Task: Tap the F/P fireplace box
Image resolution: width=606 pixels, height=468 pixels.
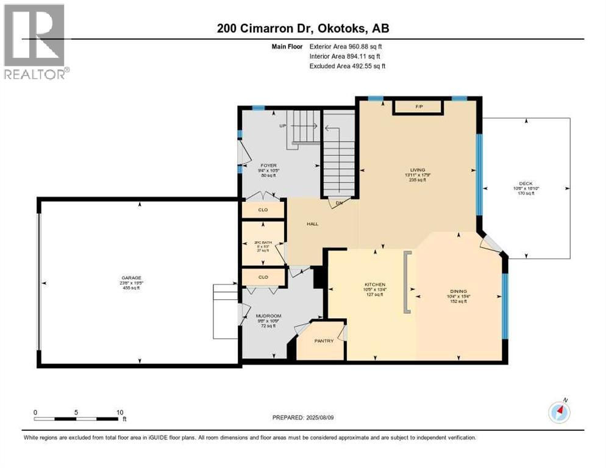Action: pyautogui.click(x=419, y=107)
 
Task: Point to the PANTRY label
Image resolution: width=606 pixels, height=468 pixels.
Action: pyautogui.click(x=324, y=341)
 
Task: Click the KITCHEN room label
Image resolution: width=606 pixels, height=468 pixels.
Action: pyautogui.click(x=375, y=285)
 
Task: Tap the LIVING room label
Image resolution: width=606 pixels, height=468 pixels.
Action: pyautogui.click(x=418, y=170)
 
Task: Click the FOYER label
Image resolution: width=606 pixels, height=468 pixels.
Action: pyautogui.click(x=268, y=165)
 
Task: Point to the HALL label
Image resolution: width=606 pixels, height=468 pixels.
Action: pyautogui.click(x=312, y=224)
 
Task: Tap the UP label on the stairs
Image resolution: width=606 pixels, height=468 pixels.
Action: pyautogui.click(x=282, y=126)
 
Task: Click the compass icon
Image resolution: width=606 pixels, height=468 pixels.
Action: pyautogui.click(x=558, y=413)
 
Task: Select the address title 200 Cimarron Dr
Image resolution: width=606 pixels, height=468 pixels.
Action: pyautogui.click(x=303, y=28)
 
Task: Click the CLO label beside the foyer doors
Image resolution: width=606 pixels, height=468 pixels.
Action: pyautogui.click(x=263, y=210)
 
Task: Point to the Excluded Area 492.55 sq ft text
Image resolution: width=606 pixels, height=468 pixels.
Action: pyautogui.click(x=348, y=66)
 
